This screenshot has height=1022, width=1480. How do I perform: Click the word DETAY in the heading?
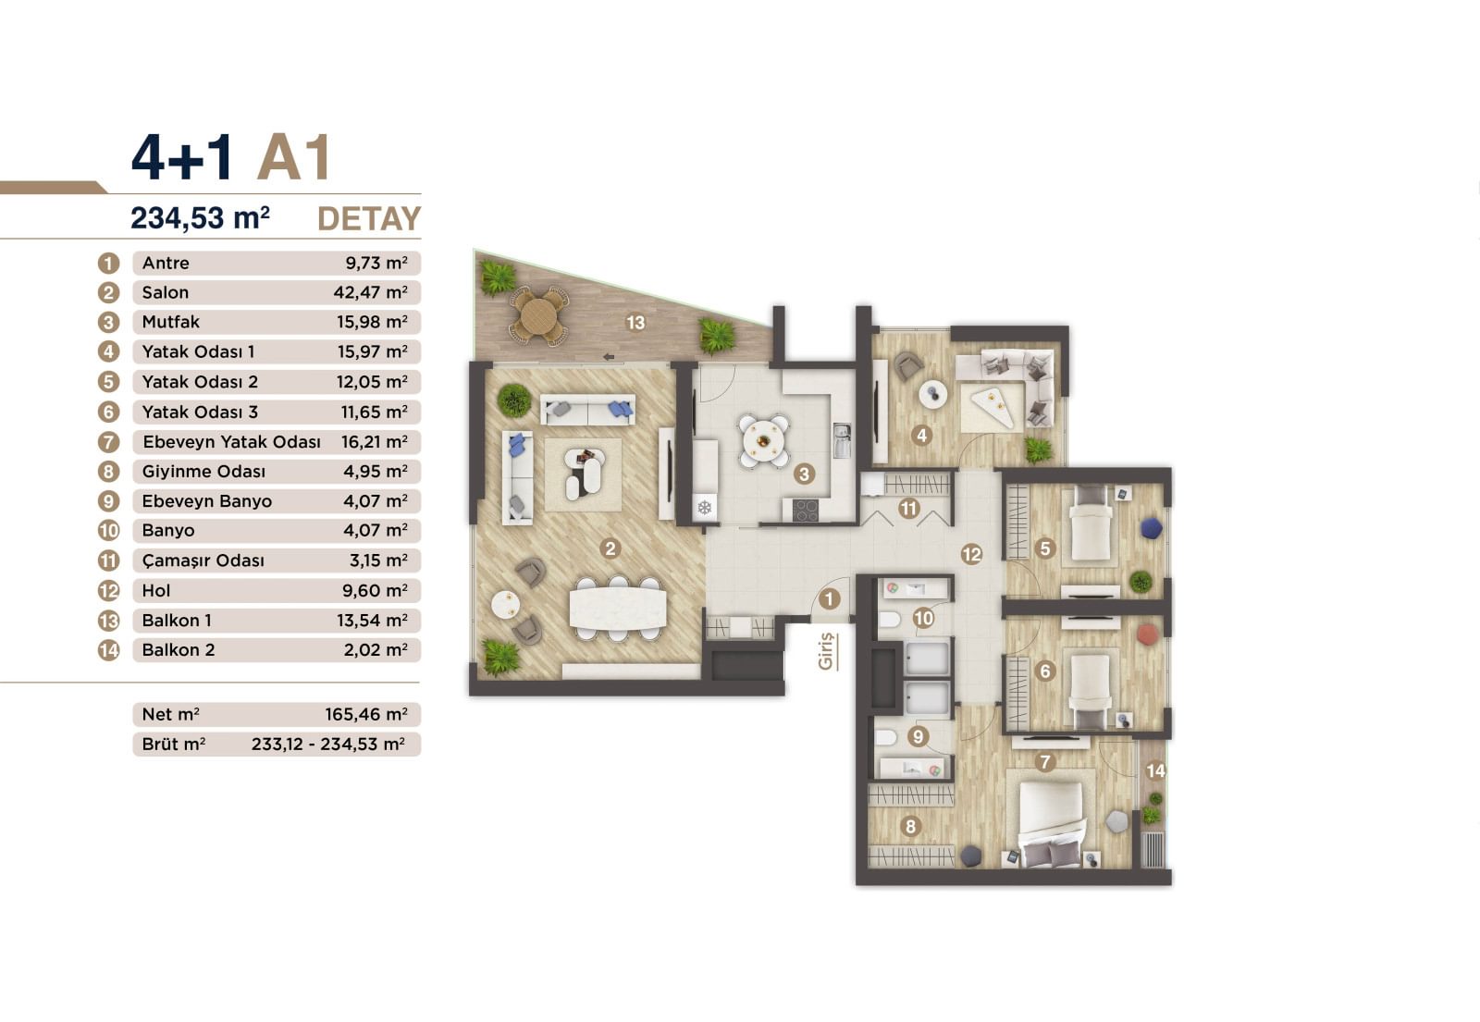[368, 219]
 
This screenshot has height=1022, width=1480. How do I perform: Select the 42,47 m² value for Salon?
[370, 292]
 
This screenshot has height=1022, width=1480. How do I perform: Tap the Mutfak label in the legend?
[171, 322]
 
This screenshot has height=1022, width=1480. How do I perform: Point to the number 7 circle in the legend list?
[109, 442]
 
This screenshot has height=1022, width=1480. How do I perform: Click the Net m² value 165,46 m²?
[365, 714]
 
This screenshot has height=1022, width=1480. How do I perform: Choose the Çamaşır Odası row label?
[203, 560]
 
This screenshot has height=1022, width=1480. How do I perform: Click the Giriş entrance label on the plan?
[826, 650]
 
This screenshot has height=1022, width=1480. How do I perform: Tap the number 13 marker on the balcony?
[635, 323]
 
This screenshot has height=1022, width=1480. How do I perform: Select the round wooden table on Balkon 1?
[537, 316]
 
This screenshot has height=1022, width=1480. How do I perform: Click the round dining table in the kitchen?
[764, 440]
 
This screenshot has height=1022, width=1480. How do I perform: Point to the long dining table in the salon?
[618, 608]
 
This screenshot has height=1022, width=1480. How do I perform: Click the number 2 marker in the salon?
[609, 548]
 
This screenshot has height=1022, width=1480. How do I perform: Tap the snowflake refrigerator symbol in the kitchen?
[705, 507]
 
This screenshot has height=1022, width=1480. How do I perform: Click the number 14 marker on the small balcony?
[1155, 770]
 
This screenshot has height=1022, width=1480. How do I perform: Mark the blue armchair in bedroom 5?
[1151, 527]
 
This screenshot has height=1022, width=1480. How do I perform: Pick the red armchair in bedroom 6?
[1148, 634]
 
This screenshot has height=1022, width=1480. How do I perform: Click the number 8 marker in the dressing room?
[911, 826]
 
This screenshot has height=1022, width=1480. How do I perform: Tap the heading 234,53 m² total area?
[200, 218]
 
